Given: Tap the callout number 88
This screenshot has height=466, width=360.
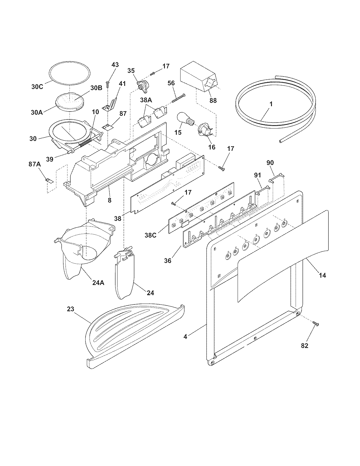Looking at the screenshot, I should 213,100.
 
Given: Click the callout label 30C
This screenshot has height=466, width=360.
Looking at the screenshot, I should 37,86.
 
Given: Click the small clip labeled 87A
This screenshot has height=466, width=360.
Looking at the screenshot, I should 49,180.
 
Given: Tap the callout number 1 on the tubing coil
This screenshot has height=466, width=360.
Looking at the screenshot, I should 271,104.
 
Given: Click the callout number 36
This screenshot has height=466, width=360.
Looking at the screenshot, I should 168,260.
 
